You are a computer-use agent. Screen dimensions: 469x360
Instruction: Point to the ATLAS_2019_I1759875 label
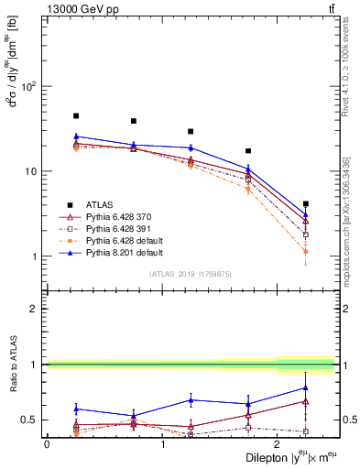190,273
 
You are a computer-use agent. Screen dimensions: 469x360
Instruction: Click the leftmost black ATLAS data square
76,116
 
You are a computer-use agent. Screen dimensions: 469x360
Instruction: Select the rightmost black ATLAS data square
306,203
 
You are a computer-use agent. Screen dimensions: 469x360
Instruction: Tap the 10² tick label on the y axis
29,87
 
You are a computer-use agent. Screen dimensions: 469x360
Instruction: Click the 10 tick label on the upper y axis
31,172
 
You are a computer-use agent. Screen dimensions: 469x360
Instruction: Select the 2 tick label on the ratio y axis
36,309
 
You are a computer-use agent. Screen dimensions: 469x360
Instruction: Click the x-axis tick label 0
47,443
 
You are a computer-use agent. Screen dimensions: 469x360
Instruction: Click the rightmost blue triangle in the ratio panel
306,387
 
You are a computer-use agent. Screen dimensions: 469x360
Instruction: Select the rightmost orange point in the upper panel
306,251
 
